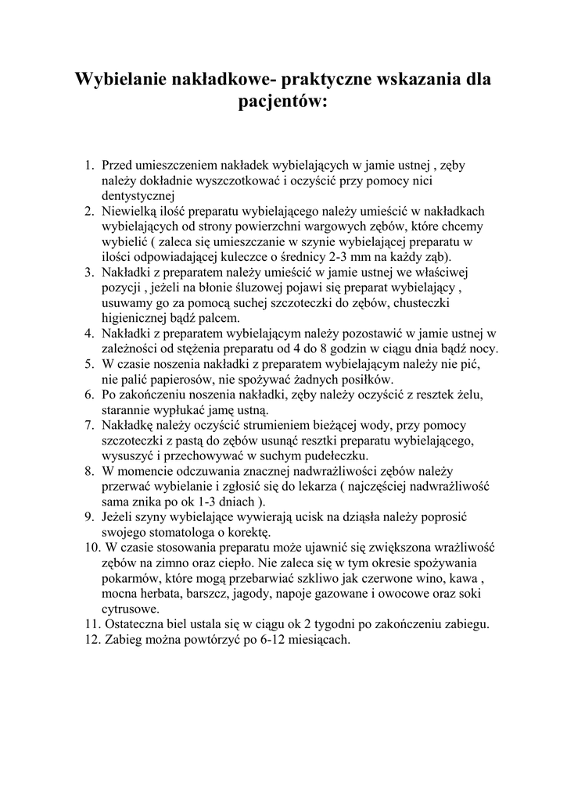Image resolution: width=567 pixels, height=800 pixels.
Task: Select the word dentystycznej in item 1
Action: coord(138,195)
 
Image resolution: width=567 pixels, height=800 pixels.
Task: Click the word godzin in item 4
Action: coord(340,348)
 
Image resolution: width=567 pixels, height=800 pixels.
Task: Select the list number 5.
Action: coord(89,364)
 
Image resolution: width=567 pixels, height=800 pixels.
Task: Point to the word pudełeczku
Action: coord(328,455)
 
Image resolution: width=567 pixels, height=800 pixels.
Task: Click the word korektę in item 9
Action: coord(247,532)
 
